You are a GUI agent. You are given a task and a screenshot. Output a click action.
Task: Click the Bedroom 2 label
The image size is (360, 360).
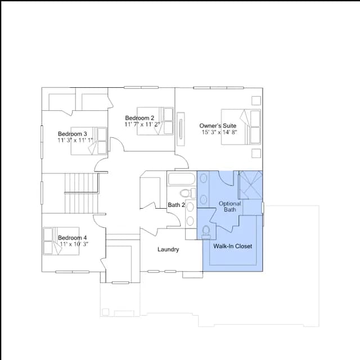(139, 118)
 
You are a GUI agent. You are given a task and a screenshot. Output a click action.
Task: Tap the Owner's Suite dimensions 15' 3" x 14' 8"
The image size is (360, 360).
(219, 132)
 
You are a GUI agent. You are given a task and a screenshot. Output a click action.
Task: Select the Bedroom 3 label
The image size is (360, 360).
(73, 134)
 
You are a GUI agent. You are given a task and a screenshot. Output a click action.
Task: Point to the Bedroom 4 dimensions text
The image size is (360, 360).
(74, 244)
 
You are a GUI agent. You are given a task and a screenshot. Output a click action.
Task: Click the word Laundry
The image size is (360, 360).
(168, 250)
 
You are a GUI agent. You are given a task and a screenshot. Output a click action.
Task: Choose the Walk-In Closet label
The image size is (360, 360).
(232, 246)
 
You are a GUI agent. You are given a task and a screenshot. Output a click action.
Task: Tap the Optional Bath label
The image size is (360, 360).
(230, 206)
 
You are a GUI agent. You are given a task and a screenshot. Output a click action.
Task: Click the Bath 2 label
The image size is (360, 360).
(176, 205)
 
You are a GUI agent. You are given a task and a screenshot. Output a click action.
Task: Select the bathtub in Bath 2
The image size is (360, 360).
(182, 179)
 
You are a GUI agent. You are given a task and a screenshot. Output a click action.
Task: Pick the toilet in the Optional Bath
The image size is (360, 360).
(206, 232)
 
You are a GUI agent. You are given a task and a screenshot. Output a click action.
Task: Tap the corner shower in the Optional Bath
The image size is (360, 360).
(250, 185)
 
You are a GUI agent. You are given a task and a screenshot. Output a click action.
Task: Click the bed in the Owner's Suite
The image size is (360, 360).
(241, 127)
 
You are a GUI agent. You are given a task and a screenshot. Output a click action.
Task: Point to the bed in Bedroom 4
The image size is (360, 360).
(61, 241)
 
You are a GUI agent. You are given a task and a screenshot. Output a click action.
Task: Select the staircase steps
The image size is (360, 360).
(81, 193)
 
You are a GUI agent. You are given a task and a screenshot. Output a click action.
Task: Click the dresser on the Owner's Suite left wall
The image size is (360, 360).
(181, 129)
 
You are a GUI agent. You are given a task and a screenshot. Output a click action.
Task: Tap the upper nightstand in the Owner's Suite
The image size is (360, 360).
(256, 101)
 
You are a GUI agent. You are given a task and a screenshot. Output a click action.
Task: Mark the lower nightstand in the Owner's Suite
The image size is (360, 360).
(256, 154)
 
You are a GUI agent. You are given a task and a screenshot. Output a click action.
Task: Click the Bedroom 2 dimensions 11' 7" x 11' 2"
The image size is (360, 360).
(142, 124)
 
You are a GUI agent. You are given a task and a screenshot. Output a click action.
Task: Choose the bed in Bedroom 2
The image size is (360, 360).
(155, 121)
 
